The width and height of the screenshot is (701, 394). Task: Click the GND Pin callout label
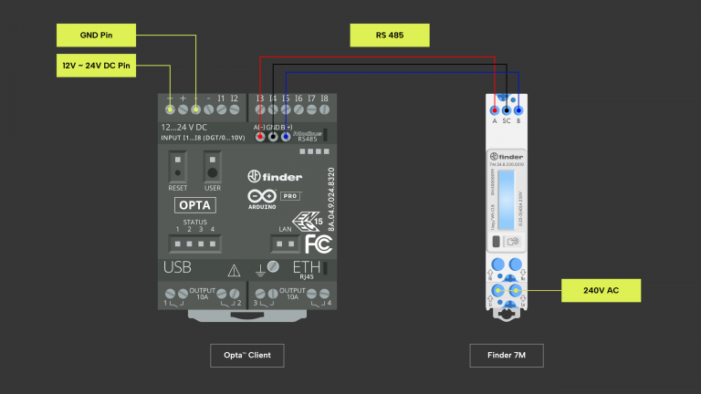coord(96,36)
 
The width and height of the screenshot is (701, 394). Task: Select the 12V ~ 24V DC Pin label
coord(96,66)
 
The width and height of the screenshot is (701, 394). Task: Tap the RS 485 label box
coord(390,36)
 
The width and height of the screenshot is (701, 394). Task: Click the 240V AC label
coord(601,291)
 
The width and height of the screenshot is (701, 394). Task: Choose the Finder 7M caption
coord(507,355)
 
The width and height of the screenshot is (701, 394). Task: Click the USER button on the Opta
coord(212,170)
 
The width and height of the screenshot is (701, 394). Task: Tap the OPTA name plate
coord(195,205)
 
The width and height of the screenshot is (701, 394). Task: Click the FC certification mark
coord(318,244)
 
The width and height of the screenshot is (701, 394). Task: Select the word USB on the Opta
coord(177,268)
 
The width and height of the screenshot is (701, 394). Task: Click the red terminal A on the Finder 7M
coord(495,108)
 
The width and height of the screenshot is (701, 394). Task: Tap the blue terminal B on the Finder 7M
coord(518,108)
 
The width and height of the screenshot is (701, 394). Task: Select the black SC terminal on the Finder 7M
coord(507,108)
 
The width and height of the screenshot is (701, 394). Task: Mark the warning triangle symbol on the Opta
coord(234,270)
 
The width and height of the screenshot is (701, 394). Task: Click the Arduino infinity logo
coord(258,196)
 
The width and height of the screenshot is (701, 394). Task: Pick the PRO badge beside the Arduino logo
coord(290,196)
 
